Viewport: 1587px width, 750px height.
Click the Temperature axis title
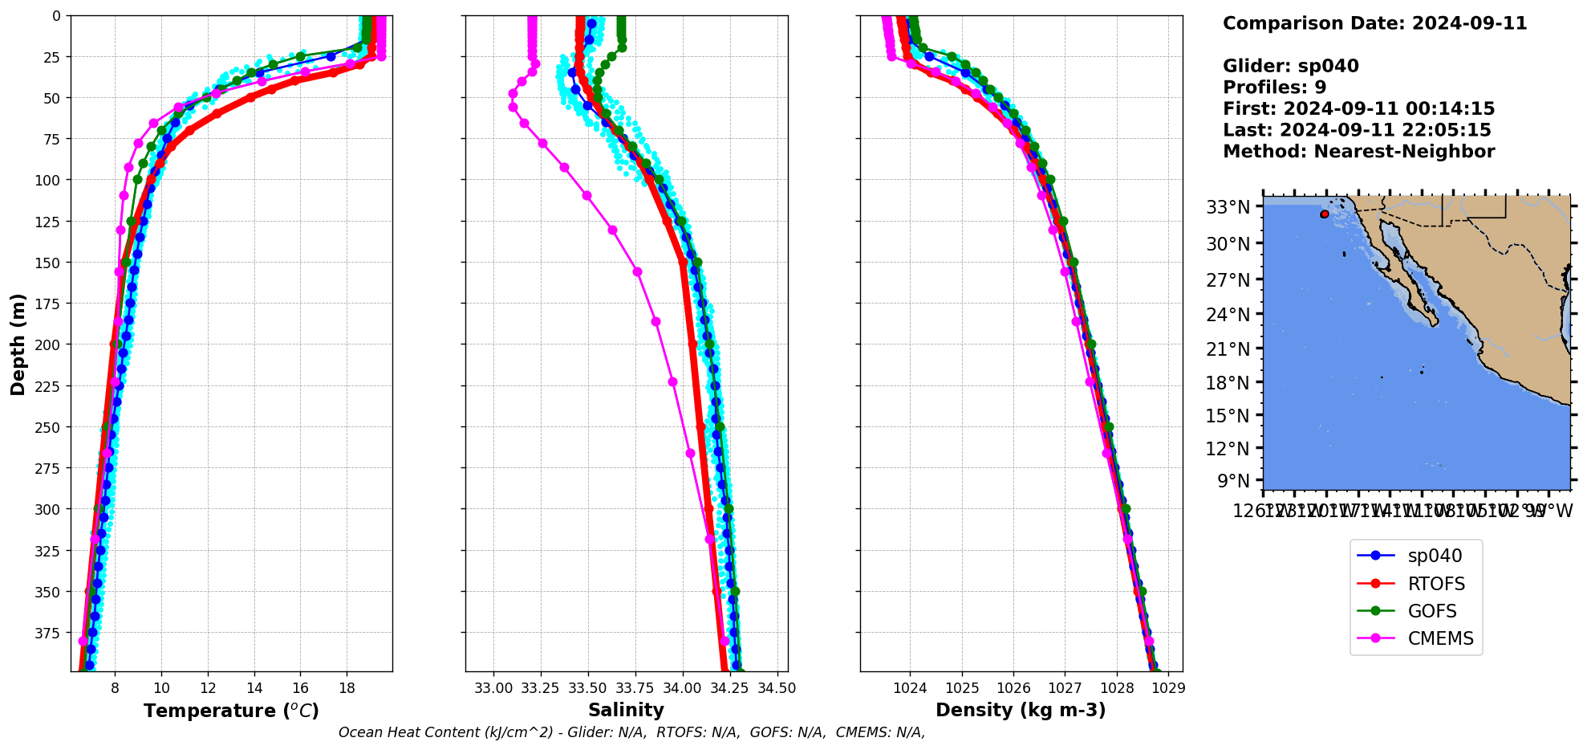tap(231, 711)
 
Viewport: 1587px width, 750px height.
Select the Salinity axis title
tap(626, 710)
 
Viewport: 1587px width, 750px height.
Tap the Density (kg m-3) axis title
tap(1021, 710)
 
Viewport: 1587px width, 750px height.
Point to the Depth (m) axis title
tap(18, 344)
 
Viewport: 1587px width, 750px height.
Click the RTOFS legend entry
tap(1436, 584)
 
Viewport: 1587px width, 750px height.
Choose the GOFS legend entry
tap(1432, 611)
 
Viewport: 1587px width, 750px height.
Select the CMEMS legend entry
tap(1440, 638)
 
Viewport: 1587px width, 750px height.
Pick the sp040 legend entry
tap(1435, 556)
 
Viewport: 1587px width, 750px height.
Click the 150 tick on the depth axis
tap(49, 263)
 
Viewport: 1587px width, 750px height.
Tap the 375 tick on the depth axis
tap(49, 634)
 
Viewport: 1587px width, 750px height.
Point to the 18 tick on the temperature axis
tap(347, 688)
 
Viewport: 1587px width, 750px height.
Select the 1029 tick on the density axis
tap(1168, 688)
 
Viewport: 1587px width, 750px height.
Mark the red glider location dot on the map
tap(1324, 214)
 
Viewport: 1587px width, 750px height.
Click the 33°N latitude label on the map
tap(1228, 207)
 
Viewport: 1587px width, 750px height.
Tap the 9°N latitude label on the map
tap(1233, 481)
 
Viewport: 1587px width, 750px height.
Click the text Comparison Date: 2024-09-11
tap(1374, 23)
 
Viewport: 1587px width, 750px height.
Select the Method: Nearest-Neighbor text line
tap(1358, 152)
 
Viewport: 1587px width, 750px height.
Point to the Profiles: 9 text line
tap(1274, 88)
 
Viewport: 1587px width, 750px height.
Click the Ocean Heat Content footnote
tap(631, 732)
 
